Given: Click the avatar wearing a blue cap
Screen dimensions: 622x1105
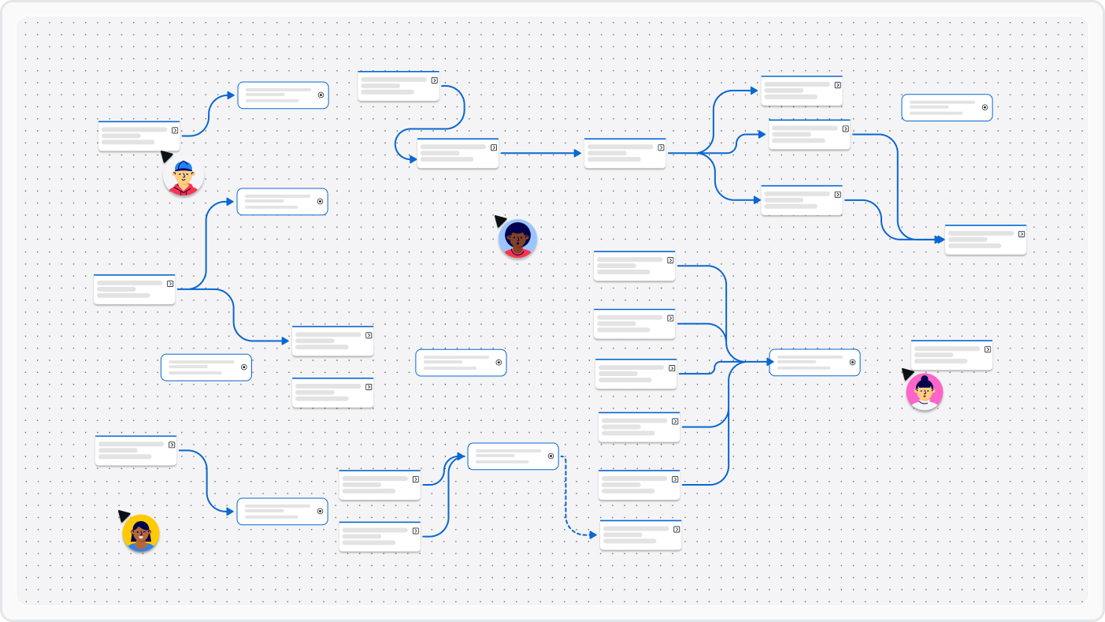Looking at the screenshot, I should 184,177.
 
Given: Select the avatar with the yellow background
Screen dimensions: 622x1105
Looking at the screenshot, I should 141,533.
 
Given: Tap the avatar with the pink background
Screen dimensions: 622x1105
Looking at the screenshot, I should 924,392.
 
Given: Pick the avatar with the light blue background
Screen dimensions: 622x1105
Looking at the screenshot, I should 517,238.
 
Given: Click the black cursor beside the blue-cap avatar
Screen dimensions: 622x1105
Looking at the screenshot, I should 166,156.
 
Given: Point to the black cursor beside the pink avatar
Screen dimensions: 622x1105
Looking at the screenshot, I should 907,373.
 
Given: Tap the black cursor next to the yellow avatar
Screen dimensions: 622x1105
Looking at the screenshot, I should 124,515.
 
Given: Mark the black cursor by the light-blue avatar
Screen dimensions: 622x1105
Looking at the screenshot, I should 499,221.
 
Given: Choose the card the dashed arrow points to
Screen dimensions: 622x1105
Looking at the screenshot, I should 640,535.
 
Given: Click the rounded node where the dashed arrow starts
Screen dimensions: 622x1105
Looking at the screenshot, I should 513,456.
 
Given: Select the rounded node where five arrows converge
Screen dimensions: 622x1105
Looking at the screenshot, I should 814,363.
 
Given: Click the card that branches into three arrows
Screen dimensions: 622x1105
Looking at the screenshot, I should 625,153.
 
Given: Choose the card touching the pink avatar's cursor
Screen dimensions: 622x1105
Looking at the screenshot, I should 951,355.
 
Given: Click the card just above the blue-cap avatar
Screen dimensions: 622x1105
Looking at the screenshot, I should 139,136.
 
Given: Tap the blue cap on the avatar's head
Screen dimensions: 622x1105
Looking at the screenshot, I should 184,166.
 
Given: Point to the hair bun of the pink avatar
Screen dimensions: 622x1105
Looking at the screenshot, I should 925,379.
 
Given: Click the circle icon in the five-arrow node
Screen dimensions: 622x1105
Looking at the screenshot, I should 853,363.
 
